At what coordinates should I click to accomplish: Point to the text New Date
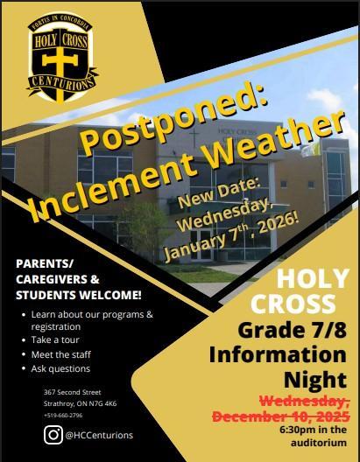click(x=219, y=192)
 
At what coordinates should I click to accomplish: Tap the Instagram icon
click(x=53, y=434)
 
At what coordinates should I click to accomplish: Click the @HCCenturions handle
click(x=99, y=434)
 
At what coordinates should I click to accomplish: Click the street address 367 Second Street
click(x=73, y=392)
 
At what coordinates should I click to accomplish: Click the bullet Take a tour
click(x=62, y=340)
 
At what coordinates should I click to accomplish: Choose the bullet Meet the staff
click(x=67, y=354)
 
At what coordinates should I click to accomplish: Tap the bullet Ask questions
click(x=65, y=368)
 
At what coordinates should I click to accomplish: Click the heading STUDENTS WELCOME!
click(x=78, y=293)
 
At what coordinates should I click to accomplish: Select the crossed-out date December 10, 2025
click(x=278, y=414)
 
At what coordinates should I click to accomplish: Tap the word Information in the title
click(x=277, y=356)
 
